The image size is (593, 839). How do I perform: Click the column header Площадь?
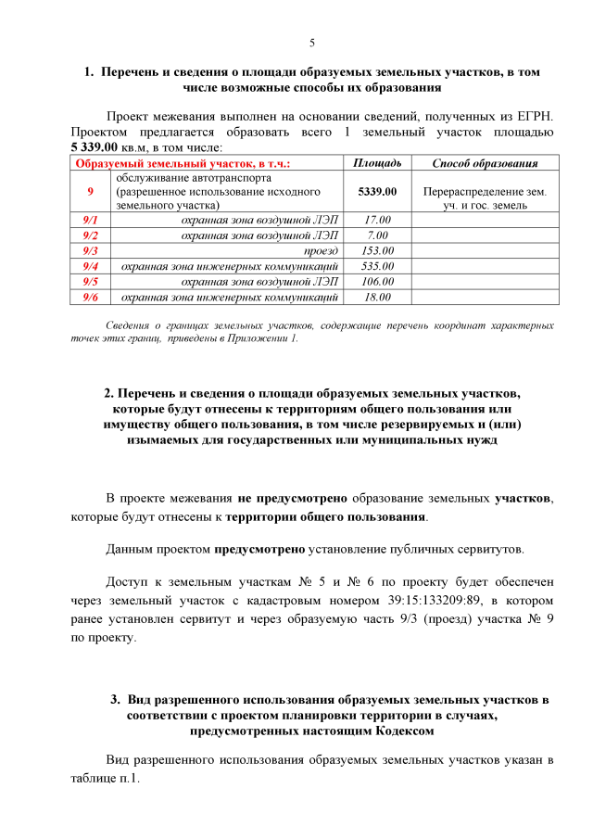pos(377,163)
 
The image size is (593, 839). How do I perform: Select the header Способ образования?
pos(485,163)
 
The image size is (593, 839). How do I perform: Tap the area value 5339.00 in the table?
pos(377,191)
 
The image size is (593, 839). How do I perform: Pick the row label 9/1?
pos(91,220)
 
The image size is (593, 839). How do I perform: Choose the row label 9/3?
pos(91,250)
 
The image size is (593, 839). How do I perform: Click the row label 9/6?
pos(91,297)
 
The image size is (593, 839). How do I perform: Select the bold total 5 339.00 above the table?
pos(95,146)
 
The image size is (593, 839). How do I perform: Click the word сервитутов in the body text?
pos(490,549)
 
